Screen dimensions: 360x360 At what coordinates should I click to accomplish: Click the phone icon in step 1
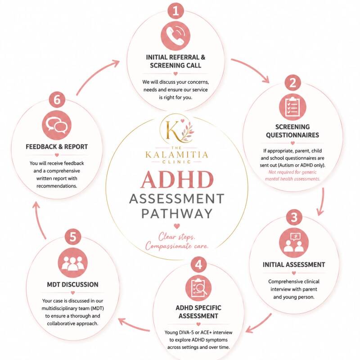175,36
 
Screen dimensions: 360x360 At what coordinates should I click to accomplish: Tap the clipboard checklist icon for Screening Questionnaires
292,107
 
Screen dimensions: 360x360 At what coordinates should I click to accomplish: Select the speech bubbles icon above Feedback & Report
57,125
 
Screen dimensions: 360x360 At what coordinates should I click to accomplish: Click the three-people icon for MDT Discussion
73,263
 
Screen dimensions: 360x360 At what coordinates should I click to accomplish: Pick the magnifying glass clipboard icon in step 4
198,288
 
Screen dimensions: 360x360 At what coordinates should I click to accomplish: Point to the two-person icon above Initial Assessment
294,243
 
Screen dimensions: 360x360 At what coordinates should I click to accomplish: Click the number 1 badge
175,10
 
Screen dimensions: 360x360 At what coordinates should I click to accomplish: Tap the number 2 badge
293,83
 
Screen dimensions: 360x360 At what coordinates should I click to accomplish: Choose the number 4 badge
198,264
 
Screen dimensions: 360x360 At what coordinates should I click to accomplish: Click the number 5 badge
73,237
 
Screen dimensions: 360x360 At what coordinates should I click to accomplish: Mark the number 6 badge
57,99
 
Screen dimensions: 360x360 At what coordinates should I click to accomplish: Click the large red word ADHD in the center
177,180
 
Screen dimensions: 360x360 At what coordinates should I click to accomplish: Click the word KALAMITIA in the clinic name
177,155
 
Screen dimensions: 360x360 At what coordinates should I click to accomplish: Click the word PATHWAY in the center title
177,214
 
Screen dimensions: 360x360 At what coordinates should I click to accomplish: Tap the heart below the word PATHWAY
177,226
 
